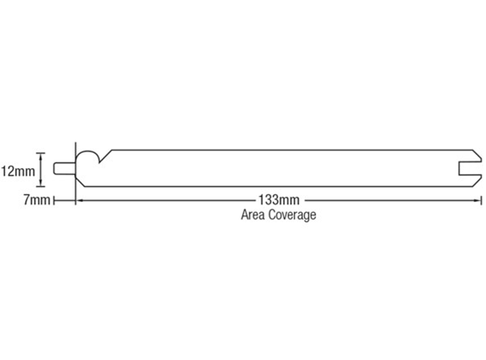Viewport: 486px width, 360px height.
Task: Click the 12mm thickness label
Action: [18, 171]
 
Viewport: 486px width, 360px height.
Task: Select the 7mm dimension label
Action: [37, 200]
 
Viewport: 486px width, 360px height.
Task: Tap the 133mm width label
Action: [279, 200]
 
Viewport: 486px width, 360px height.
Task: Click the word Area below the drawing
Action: [252, 214]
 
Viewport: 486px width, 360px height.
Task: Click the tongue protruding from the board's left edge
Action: [65, 168]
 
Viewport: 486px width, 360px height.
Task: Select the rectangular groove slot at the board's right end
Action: [470, 169]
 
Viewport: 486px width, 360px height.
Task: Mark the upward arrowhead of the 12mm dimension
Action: [40, 157]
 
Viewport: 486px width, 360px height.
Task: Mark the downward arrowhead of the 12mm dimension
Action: [40, 183]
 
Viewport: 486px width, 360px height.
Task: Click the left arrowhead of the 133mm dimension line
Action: [80, 200]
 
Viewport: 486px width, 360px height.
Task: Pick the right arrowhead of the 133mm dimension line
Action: [478, 200]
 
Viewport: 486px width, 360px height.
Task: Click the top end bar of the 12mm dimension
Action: [40, 153]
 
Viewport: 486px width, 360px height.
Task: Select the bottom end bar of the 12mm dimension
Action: [40, 187]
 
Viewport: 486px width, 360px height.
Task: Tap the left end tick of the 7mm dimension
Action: [54, 200]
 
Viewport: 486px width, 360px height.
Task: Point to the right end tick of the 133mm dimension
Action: [481, 200]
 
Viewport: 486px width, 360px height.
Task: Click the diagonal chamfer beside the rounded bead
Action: [106, 157]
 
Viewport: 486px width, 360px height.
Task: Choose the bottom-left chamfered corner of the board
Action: [80, 182]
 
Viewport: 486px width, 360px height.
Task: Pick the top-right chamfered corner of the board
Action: [477, 156]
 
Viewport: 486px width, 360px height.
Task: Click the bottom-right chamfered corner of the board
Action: [477, 181]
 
